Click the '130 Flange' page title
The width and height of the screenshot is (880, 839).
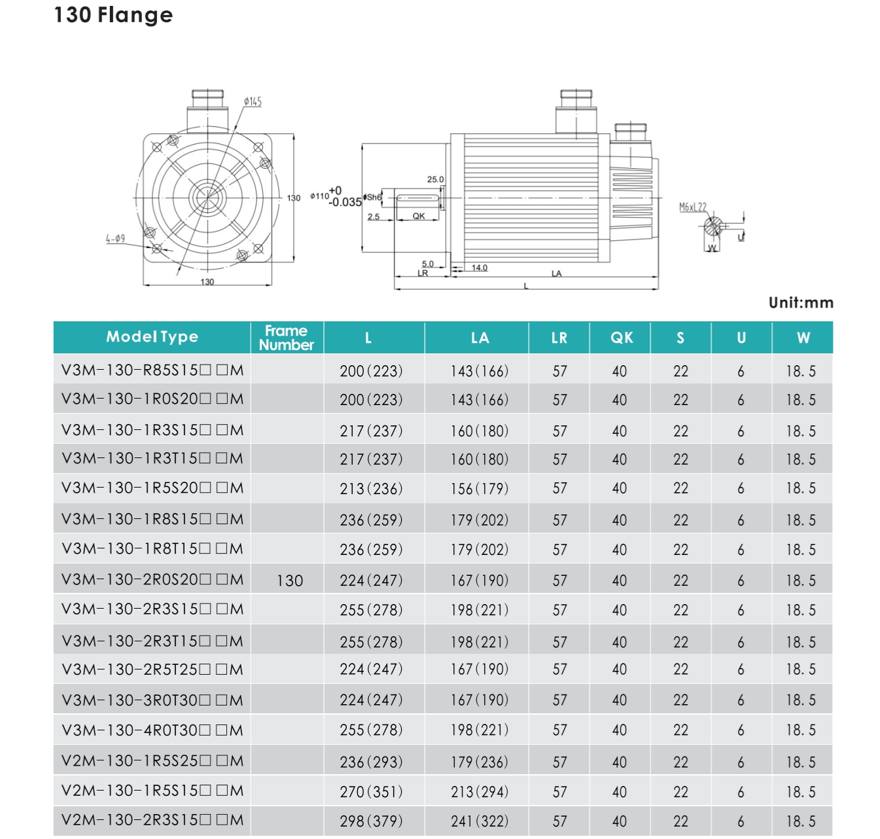pos(113,15)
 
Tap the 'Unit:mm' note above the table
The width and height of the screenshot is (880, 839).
pos(801,303)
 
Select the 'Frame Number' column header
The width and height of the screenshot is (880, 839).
pos(287,338)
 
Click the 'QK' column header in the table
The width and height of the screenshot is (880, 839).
pos(622,338)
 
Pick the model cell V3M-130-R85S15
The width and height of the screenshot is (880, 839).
pos(152,370)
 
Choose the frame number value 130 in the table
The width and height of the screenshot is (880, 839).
pos(290,580)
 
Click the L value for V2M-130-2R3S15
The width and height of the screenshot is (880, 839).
pos(371,821)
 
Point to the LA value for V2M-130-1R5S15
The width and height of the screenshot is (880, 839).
pos(480,791)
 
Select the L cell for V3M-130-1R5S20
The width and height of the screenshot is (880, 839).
pos(371,488)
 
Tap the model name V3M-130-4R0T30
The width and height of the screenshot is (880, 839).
pos(152,730)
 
